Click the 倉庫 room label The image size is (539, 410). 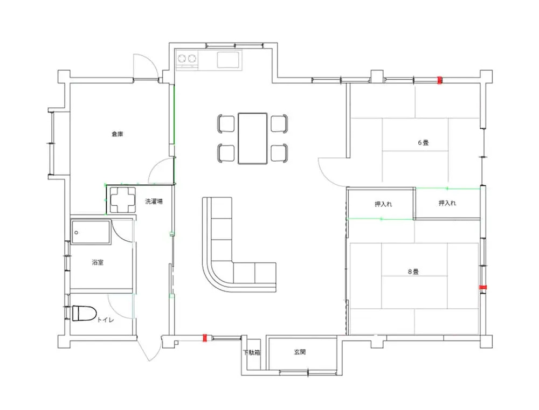(118, 134)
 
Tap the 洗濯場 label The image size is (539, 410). (154, 201)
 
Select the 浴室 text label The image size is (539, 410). (98, 262)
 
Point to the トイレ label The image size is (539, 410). (105, 320)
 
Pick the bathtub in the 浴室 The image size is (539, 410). (91, 232)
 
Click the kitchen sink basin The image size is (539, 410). (228, 59)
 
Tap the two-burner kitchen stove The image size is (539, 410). (187, 59)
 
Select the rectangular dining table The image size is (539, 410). (253, 138)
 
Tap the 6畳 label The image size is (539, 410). (423, 143)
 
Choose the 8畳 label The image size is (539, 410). (413, 272)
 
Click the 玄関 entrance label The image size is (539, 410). (300, 352)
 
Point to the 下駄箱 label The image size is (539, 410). (252, 352)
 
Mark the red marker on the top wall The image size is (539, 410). (439, 80)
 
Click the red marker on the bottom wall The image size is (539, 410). (205, 338)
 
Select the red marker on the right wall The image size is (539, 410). (483, 287)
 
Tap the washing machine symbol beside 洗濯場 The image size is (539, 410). (122, 199)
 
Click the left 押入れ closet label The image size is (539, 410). (383, 204)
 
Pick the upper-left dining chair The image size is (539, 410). (226, 123)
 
